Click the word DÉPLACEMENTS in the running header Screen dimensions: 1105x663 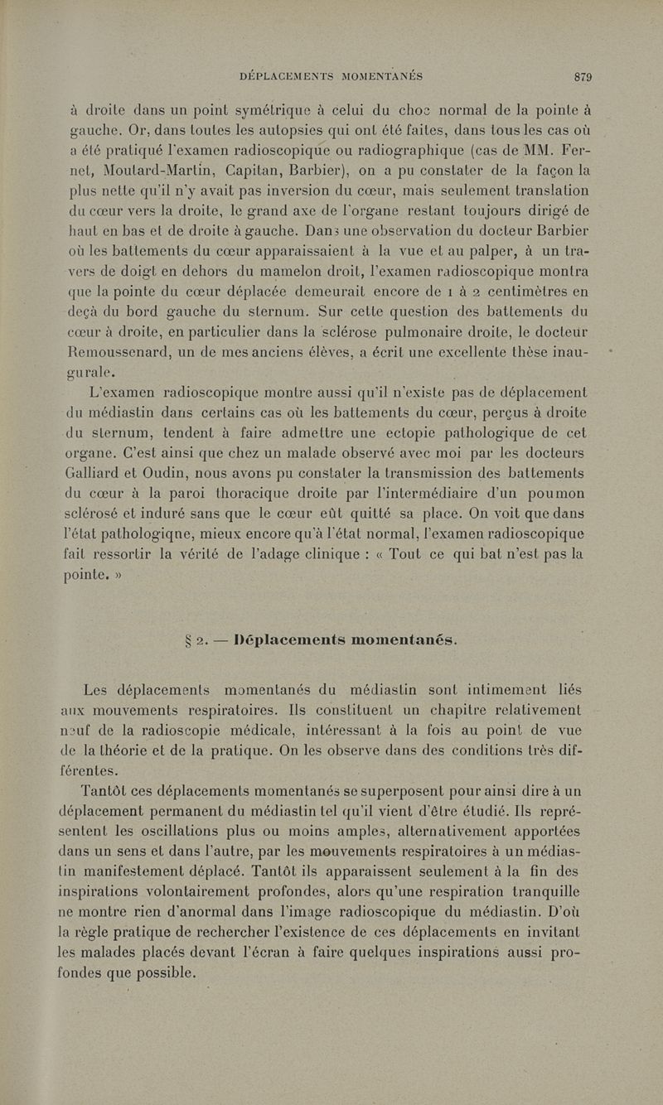[286, 76]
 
